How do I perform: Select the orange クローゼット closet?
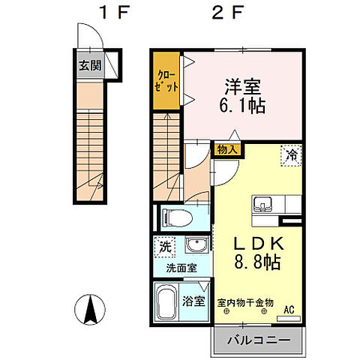[166, 81]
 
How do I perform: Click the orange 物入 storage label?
[227, 149]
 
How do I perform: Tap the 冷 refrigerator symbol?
[291, 155]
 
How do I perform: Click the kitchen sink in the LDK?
[263, 204]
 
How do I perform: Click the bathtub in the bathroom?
[167, 302]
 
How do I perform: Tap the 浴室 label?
[194, 301]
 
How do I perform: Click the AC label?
[288, 307]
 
